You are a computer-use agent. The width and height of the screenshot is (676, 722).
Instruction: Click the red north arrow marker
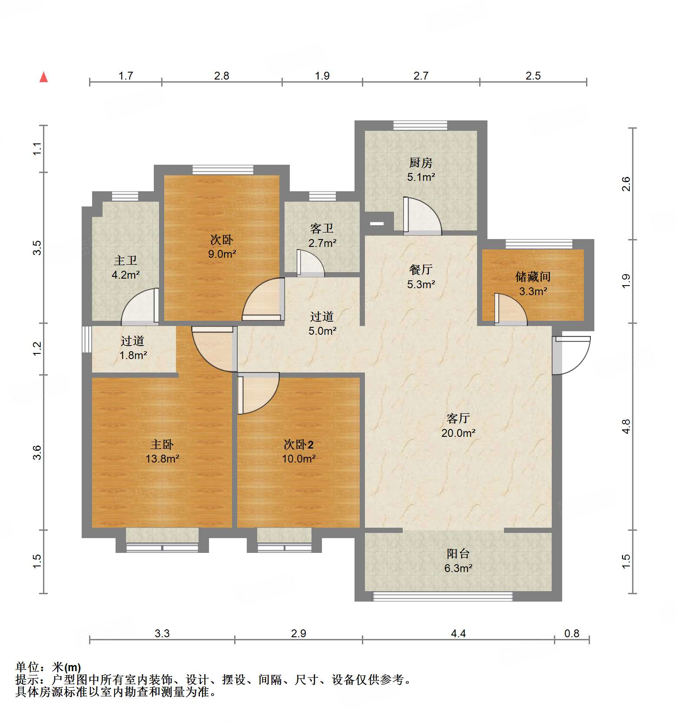click(x=43, y=77)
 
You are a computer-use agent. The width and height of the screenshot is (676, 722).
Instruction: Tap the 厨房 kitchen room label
click(x=421, y=163)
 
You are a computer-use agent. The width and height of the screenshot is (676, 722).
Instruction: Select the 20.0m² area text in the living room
click(x=458, y=433)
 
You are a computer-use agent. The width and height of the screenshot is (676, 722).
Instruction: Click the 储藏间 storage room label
click(x=533, y=277)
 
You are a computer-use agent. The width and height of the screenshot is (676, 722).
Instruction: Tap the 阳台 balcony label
click(x=458, y=554)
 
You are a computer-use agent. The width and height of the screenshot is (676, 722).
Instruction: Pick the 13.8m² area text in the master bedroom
click(x=162, y=459)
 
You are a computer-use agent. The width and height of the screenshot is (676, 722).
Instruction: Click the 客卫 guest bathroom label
click(x=322, y=229)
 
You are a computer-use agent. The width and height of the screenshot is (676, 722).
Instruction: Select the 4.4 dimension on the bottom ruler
click(x=458, y=634)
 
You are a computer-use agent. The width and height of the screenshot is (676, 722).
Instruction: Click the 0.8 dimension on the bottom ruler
click(x=571, y=634)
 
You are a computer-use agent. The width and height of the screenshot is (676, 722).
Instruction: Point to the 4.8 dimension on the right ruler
click(x=626, y=426)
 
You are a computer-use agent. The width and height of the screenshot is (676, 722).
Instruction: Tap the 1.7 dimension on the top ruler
click(x=126, y=76)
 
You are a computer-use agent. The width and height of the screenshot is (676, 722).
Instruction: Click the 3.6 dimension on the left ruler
click(x=38, y=452)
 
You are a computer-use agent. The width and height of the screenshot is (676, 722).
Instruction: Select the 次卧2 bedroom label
click(x=298, y=445)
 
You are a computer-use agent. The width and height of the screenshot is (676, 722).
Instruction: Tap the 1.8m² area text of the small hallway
click(x=133, y=356)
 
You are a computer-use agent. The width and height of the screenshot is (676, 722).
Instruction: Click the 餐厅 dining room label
click(x=421, y=270)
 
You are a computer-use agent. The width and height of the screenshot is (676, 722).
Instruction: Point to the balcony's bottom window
click(x=443, y=596)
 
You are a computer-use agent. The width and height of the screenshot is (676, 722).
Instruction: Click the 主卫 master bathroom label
click(x=126, y=261)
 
